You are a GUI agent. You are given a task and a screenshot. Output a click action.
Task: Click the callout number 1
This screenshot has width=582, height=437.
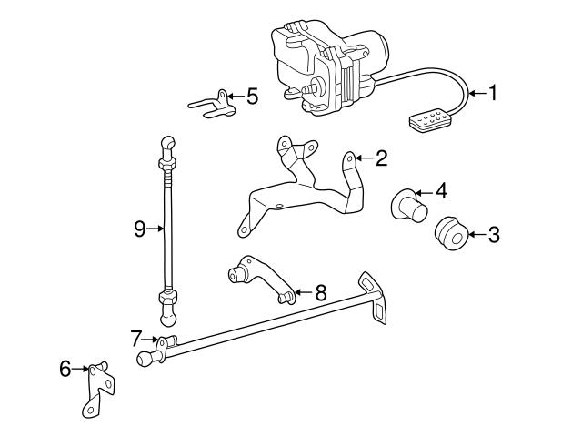click(493, 92)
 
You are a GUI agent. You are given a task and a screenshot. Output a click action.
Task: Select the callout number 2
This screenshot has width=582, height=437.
click(381, 158)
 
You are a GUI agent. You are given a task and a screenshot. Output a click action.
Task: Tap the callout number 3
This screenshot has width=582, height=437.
click(494, 236)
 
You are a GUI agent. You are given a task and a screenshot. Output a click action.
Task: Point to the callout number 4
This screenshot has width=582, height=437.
click(440, 191)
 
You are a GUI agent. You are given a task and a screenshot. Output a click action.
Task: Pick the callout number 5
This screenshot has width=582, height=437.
click(252, 95)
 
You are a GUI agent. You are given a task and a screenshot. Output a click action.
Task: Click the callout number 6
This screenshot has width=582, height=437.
click(65, 370)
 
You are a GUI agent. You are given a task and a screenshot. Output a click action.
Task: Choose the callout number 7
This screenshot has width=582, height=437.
click(136, 339)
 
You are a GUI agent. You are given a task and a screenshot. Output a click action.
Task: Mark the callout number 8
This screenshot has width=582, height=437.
click(320, 293)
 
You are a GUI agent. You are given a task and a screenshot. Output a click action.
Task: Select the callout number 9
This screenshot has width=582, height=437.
click(140, 229)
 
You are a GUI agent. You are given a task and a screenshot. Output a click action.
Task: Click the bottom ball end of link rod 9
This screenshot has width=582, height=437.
click(169, 316)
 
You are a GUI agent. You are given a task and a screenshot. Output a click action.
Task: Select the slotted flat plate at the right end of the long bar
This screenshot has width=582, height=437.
click(375, 295)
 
